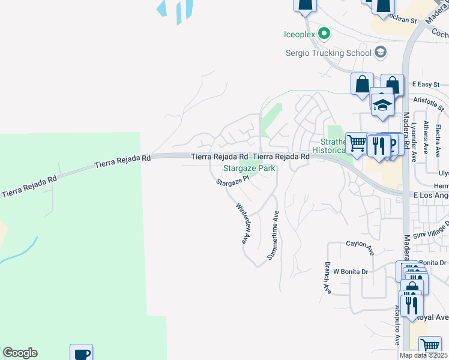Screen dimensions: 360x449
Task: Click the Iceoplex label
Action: coord(300,34)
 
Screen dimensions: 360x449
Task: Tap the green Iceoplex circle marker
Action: coord(324,34)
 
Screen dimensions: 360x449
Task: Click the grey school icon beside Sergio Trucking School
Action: coord(380,53)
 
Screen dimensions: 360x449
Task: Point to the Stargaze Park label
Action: coord(249,169)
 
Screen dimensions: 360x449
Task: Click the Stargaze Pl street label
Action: coord(232,180)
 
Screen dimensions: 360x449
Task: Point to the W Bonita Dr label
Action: coord(351,271)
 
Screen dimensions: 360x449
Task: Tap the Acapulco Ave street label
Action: coord(397,326)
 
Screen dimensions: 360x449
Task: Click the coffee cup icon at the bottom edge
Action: coord(81,353)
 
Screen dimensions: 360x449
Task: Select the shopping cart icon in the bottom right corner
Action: coord(430,346)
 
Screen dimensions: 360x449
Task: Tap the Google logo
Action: coord(20,353)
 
